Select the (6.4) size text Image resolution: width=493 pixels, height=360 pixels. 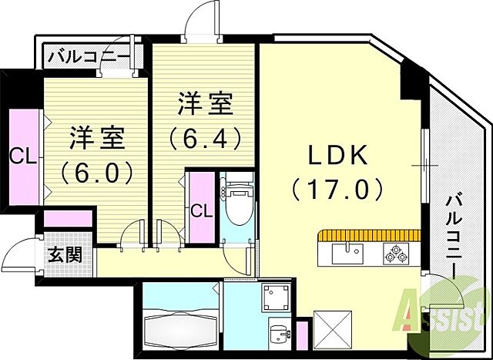point(206,136)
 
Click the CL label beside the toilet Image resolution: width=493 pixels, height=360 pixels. point(201,209)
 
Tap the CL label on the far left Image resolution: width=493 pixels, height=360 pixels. point(22,156)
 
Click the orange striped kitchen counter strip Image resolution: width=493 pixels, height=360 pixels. point(368,234)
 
